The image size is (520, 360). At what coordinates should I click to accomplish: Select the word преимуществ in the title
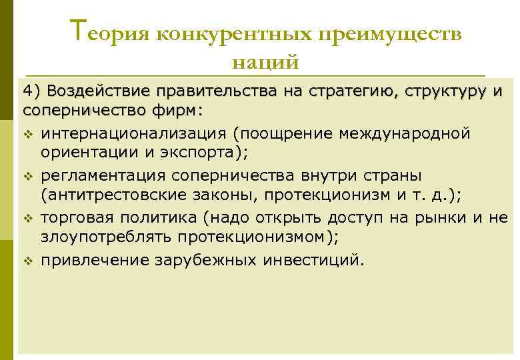389,34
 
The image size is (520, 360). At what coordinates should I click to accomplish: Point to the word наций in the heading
265,63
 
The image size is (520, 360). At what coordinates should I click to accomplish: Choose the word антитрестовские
109,195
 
